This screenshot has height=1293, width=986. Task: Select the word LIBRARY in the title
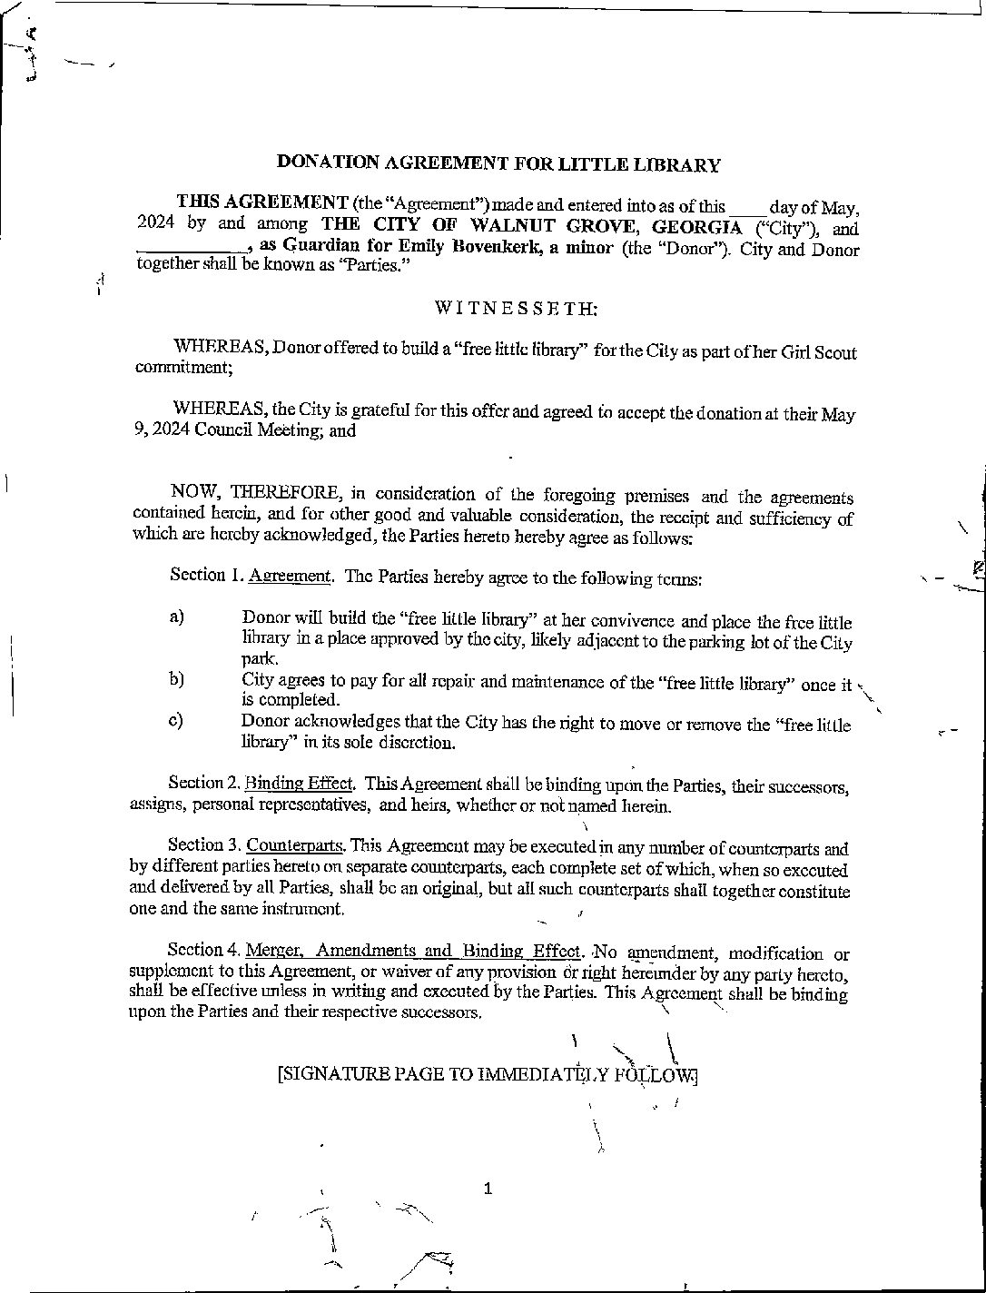pos(679,164)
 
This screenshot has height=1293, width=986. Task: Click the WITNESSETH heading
pos(516,308)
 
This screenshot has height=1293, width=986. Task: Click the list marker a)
pos(176,617)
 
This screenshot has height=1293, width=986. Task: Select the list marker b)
pos(176,679)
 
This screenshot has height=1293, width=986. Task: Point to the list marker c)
pos(176,721)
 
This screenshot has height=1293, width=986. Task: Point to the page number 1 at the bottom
pos(488,1188)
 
